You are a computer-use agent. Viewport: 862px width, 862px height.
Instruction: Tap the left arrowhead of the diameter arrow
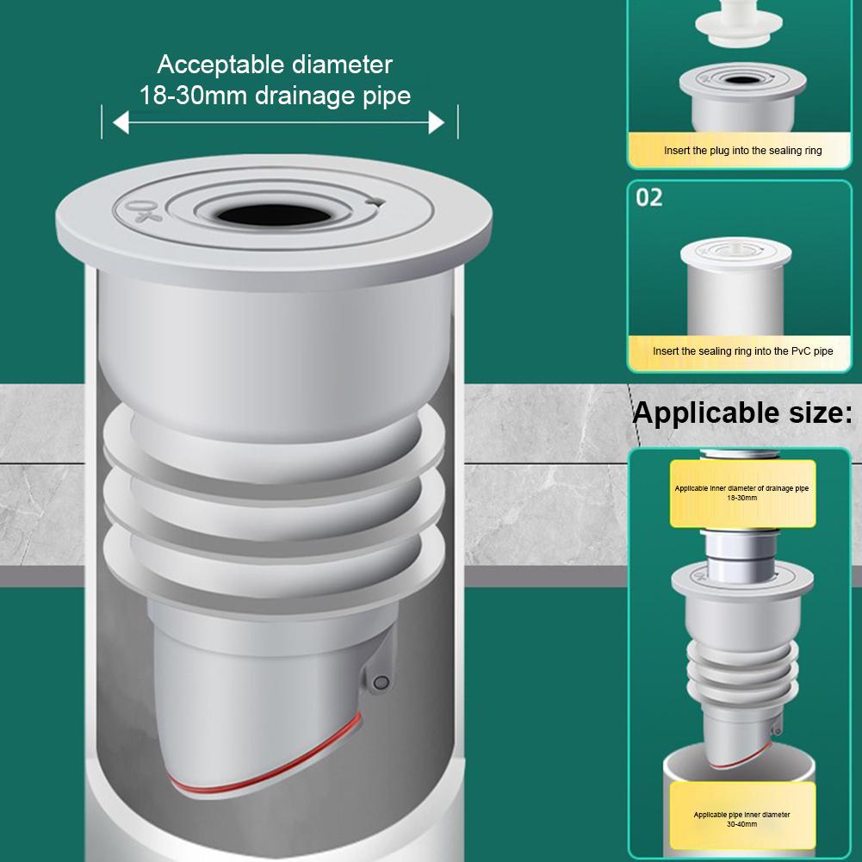tap(121, 123)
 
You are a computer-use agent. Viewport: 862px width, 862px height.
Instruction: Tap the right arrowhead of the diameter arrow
tap(437, 123)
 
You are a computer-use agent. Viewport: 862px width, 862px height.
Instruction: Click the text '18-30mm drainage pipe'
tap(275, 95)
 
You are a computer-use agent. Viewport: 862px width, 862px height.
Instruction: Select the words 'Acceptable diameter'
tap(275, 65)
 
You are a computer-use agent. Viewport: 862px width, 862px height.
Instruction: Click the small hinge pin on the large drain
tap(380, 682)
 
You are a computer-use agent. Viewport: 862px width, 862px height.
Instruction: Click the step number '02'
tap(649, 197)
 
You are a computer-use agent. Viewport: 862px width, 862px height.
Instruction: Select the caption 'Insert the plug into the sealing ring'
tap(742, 151)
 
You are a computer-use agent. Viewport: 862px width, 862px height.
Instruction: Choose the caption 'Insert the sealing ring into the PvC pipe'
tap(742, 351)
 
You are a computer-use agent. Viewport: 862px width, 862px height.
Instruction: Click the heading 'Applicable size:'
tap(742, 412)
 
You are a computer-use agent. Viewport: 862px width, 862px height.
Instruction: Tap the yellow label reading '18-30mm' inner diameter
tap(741, 493)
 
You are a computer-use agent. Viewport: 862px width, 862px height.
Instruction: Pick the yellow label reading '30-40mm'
tap(741, 818)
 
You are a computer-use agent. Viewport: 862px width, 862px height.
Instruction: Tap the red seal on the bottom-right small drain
tap(742, 757)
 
